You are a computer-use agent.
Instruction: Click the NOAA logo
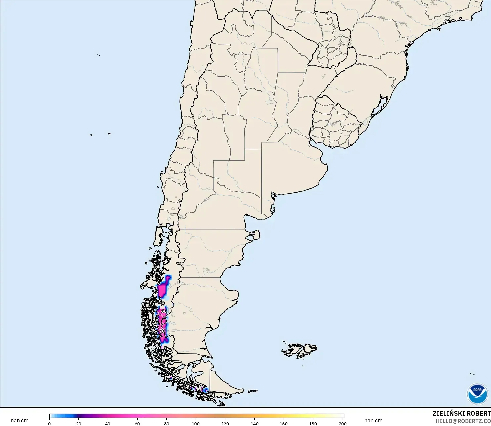click(477, 394)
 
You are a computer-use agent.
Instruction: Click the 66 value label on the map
click(164, 311)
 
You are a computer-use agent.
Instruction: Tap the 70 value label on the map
click(162, 331)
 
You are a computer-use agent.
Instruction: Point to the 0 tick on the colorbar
click(49, 423)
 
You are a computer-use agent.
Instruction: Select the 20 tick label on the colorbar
click(78, 423)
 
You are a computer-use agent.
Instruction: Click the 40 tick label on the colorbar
click(108, 423)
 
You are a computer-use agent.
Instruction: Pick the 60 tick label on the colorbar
click(137, 423)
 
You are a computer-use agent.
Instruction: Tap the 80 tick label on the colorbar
click(166, 423)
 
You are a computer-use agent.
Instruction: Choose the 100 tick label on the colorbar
click(196, 423)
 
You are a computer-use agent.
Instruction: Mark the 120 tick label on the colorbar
click(225, 423)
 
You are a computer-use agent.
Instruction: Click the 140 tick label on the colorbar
click(254, 423)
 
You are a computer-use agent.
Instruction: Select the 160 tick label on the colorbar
click(284, 423)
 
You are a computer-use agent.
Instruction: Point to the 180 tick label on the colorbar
click(313, 423)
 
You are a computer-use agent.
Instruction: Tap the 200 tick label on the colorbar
click(342, 423)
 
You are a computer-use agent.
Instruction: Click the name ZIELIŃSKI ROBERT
click(462, 413)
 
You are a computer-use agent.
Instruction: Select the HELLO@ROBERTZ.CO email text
click(463, 421)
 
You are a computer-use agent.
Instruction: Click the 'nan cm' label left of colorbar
click(20, 421)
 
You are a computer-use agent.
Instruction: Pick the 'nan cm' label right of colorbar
click(373, 421)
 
